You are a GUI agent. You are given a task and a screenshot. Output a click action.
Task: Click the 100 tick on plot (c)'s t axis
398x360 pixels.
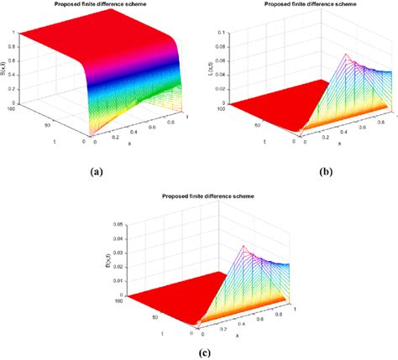[x=119, y=300]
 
